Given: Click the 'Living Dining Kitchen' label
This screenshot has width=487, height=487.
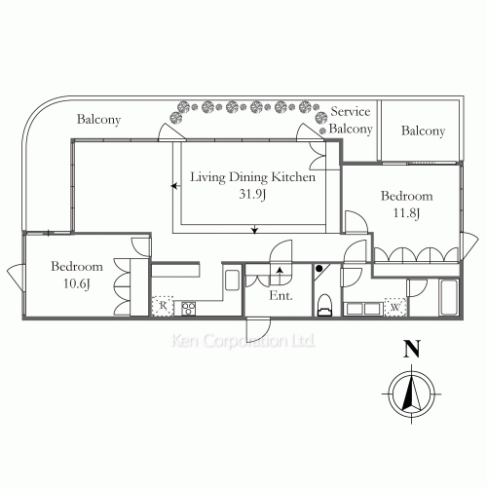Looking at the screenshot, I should [x=251, y=177].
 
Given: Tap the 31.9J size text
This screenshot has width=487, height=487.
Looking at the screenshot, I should [x=251, y=193].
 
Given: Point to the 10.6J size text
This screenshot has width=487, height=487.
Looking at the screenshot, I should [x=77, y=282].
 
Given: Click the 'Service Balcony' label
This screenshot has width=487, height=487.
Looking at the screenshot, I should [x=351, y=120].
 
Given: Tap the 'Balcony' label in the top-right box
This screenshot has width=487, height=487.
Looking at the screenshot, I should [x=423, y=131].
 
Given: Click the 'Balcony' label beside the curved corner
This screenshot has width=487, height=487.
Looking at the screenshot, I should [x=99, y=120].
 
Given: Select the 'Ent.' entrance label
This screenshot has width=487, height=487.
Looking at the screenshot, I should [x=281, y=295].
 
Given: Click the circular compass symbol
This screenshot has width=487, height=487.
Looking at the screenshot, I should [x=412, y=393].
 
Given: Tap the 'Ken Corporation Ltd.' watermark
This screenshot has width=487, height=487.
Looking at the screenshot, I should [x=243, y=342].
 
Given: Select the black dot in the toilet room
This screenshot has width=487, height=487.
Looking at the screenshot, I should [x=319, y=268].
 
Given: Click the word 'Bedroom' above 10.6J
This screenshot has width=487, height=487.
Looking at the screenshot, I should [x=77, y=267].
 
